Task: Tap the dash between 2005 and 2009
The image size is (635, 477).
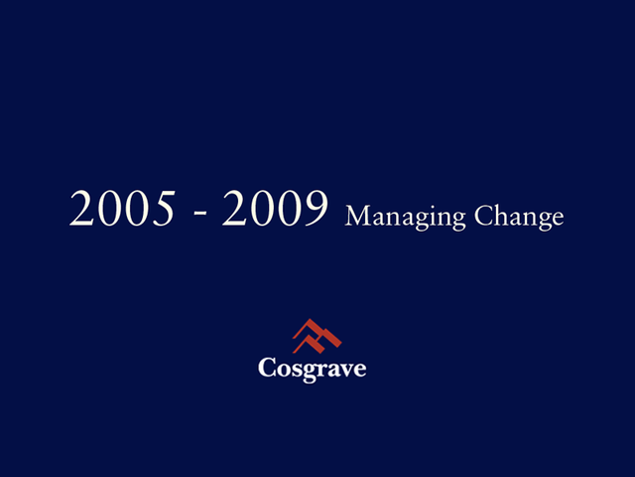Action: [x=199, y=212]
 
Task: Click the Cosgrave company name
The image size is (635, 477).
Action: [x=313, y=369]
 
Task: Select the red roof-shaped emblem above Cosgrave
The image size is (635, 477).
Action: [x=317, y=336]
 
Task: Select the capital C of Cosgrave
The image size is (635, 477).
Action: [x=268, y=368]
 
